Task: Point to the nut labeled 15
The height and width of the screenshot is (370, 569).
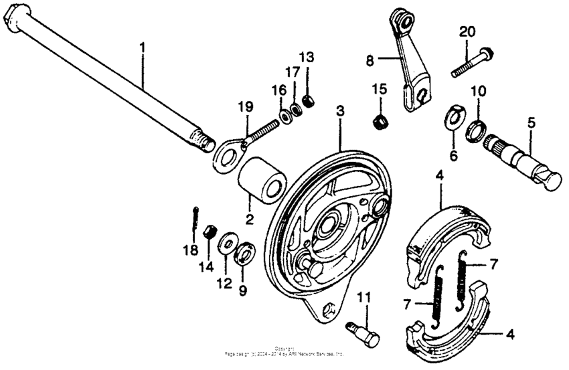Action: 381,121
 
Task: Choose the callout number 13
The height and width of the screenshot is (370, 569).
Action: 305,56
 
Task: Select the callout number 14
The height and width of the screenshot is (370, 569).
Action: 210,268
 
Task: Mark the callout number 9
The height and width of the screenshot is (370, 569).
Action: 242,291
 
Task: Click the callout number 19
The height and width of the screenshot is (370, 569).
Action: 246,106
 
